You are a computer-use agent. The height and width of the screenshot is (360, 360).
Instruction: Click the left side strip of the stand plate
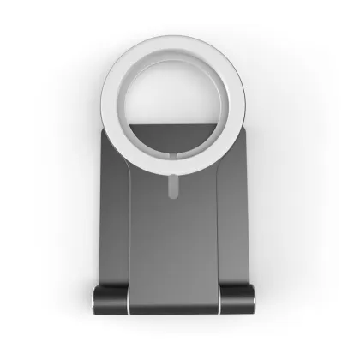(x=118, y=214)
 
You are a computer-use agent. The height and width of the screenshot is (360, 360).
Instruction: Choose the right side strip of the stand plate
(x=242, y=214)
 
